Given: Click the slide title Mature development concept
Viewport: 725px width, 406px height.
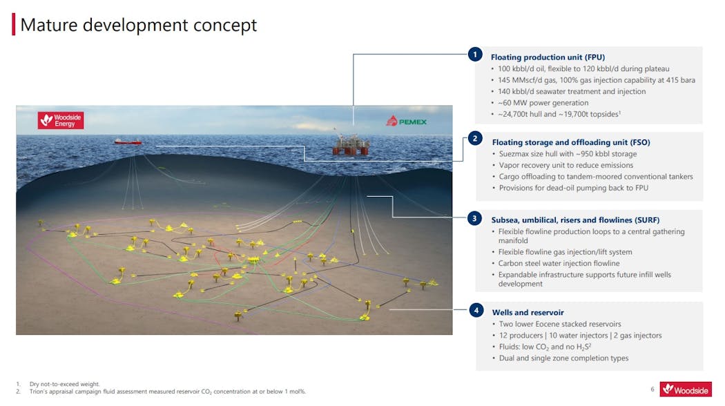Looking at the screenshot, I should pos(139,26).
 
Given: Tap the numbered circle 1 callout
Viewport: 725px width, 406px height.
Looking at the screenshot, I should pos(474,55).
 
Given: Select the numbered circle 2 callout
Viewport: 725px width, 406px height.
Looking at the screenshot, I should pos(474,139).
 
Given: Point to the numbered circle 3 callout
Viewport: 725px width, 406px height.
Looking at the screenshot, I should pos(474,219).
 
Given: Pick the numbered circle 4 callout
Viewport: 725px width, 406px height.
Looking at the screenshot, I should pos(476,310).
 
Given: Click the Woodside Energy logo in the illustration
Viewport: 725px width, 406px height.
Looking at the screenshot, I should pos(60,121).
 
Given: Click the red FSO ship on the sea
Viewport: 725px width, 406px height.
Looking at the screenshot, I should pos(128,142).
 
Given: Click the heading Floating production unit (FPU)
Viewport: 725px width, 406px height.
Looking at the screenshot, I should pos(548,57).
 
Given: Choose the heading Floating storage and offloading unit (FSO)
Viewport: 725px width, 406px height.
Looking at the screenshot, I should pos(570,142).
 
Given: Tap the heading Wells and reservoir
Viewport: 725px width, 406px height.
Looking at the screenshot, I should pos(528,312).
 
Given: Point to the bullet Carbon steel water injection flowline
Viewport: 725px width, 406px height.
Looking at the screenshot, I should pos(559,263).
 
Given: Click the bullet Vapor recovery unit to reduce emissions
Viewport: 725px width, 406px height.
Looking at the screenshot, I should pos(565,165).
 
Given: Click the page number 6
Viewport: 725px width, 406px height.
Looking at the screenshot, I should pos(652,389).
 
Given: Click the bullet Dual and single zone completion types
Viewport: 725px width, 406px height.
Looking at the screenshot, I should pos(563,358).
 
